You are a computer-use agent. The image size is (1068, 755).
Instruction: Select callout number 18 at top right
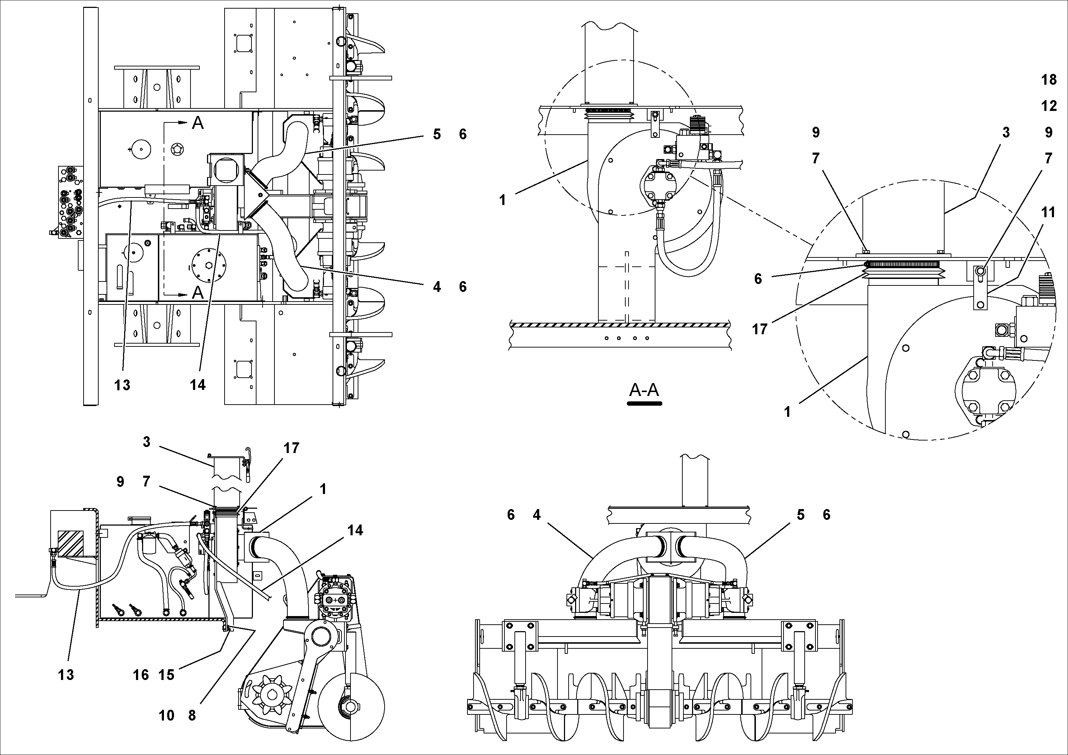pyautogui.click(x=1049, y=80)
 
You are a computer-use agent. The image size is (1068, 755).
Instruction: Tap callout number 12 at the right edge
pyautogui.click(x=1049, y=106)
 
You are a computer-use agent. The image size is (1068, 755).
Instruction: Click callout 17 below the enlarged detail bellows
pyautogui.click(x=759, y=330)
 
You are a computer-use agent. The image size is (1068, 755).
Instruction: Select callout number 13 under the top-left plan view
pyautogui.click(x=122, y=385)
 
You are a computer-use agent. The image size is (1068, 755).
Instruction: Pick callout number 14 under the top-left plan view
pyautogui.click(x=198, y=385)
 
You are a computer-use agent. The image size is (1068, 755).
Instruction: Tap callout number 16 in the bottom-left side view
pyautogui.click(x=141, y=675)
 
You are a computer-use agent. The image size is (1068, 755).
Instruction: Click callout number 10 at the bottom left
pyautogui.click(x=166, y=716)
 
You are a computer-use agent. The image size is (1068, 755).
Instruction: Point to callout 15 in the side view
pyautogui.click(x=166, y=675)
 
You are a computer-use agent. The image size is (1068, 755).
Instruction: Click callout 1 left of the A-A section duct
pyautogui.click(x=502, y=200)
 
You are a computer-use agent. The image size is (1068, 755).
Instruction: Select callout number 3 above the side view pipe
pyautogui.click(x=146, y=442)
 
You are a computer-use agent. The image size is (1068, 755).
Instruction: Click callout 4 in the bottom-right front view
pyautogui.click(x=537, y=515)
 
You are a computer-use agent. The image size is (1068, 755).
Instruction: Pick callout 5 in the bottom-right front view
pyautogui.click(x=800, y=515)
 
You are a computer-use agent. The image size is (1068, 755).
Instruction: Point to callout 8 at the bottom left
pyautogui.click(x=192, y=716)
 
